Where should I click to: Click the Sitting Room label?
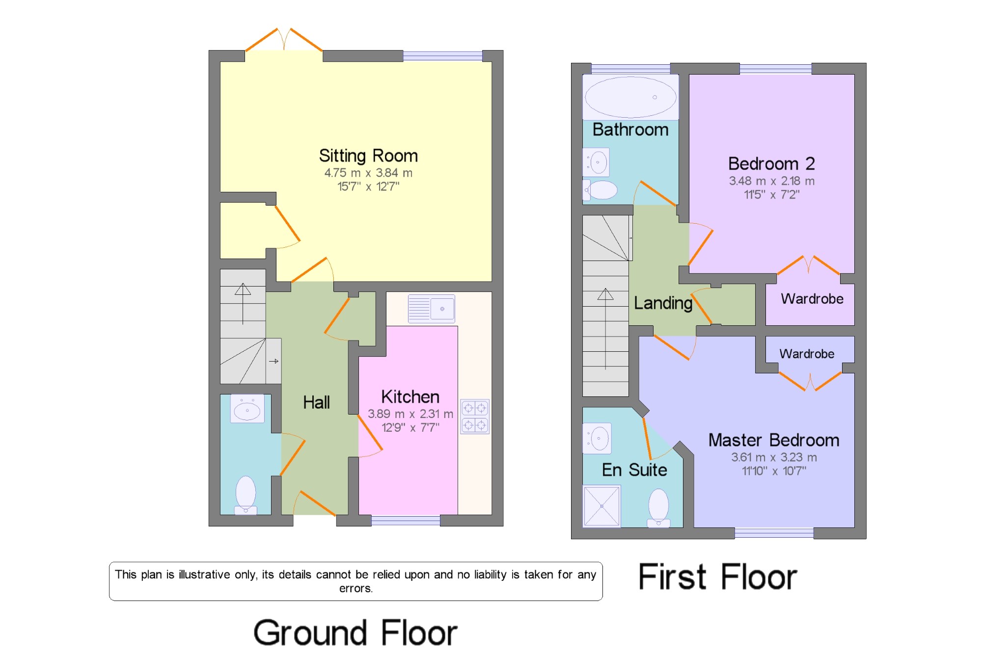click(368, 156)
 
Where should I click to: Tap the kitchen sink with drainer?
click(432, 309)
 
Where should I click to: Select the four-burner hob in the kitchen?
click(475, 417)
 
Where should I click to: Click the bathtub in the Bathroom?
click(630, 97)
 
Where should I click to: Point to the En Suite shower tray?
click(602, 506)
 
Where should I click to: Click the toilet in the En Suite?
click(658, 508)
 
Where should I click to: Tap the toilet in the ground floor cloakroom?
click(245, 495)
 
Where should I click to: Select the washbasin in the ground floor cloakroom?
click(247, 409)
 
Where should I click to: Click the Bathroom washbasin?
click(597, 162)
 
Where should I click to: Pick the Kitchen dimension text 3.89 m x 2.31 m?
click(410, 414)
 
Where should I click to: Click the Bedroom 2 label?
click(771, 163)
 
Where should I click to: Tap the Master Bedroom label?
click(774, 440)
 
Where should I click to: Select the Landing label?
click(663, 303)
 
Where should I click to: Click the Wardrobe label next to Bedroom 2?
click(812, 299)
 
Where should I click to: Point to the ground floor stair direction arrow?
click(243, 304)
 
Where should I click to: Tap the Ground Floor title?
click(355, 632)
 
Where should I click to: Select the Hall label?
click(316, 403)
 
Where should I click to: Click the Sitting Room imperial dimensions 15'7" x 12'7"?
click(368, 186)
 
